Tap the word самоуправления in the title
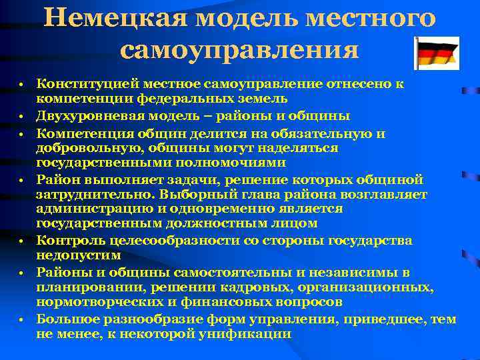[241, 50]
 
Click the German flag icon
[436, 54]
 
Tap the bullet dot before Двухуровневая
[22, 117]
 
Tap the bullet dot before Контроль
[22, 241]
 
